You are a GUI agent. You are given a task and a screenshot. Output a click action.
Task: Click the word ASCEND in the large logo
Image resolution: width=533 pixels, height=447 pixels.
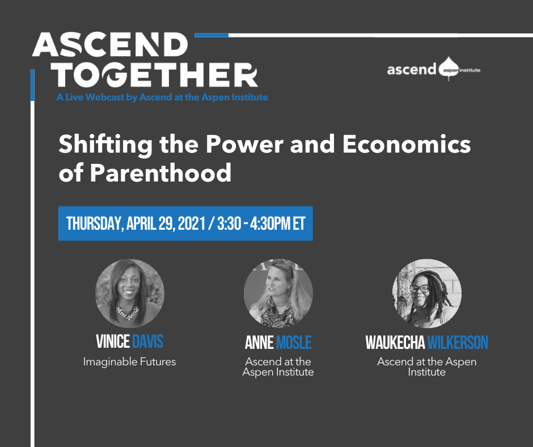[110, 45]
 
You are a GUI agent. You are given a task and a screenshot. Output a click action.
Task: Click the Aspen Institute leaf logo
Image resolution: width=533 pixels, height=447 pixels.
[449, 69]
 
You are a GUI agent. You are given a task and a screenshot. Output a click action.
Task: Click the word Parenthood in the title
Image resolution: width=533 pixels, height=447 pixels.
[160, 172]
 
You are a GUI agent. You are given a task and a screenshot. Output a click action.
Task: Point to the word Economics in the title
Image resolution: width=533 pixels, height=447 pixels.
[407, 144]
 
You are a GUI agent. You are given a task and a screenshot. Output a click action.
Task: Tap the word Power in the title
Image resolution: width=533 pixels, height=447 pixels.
[244, 144]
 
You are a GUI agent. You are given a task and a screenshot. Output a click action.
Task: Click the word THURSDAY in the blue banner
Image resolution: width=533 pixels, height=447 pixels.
[95, 223]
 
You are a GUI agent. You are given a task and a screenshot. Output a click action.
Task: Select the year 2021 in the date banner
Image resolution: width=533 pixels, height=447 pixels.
[192, 223]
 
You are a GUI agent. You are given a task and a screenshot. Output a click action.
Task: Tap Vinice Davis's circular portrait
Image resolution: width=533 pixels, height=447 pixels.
[129, 293]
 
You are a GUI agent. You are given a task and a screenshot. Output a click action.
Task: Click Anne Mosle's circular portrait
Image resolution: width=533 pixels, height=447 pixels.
[278, 293]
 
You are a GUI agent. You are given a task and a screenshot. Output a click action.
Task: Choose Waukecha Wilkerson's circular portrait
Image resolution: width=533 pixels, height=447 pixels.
[427, 293]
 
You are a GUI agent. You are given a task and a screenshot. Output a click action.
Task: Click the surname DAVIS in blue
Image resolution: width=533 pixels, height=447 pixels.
[148, 341]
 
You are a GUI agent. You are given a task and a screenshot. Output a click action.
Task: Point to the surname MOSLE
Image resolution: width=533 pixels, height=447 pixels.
[294, 342]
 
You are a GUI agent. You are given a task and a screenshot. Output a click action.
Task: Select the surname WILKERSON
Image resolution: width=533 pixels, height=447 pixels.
[458, 342]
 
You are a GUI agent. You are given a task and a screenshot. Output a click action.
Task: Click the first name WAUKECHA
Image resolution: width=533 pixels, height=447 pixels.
[395, 342]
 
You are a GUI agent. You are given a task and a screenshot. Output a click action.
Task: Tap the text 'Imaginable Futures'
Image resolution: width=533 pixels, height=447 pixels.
[129, 361]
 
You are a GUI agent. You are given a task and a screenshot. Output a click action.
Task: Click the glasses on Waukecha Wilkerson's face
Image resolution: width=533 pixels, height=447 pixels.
[420, 289]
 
